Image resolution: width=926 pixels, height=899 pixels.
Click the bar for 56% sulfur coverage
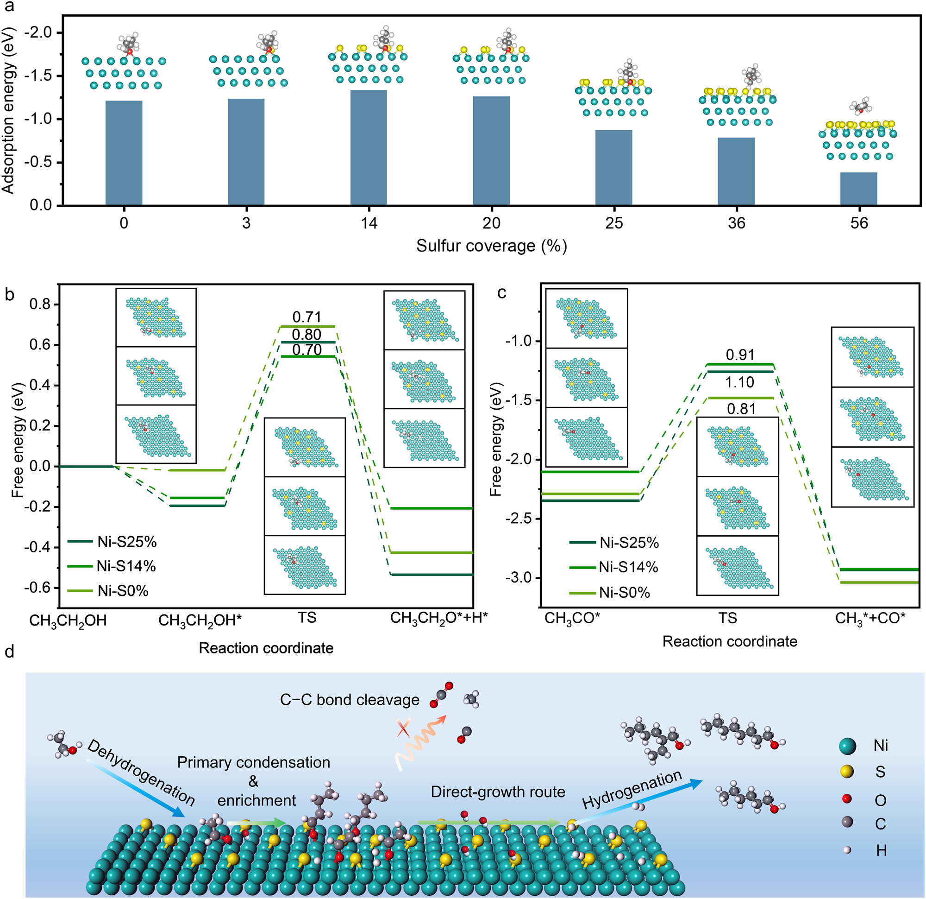[858, 189]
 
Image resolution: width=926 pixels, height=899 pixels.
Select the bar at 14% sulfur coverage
[369, 147]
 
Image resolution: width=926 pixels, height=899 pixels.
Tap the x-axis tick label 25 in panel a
[614, 222]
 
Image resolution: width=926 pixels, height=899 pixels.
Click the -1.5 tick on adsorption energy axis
[42, 76]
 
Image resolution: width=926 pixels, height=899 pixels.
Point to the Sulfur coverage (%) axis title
[491, 246]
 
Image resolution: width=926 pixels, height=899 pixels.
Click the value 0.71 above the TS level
[307, 317]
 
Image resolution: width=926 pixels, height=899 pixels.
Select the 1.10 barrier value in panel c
[740, 382]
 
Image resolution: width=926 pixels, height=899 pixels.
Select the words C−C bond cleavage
[350, 700]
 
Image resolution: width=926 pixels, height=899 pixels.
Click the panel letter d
[9, 652]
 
